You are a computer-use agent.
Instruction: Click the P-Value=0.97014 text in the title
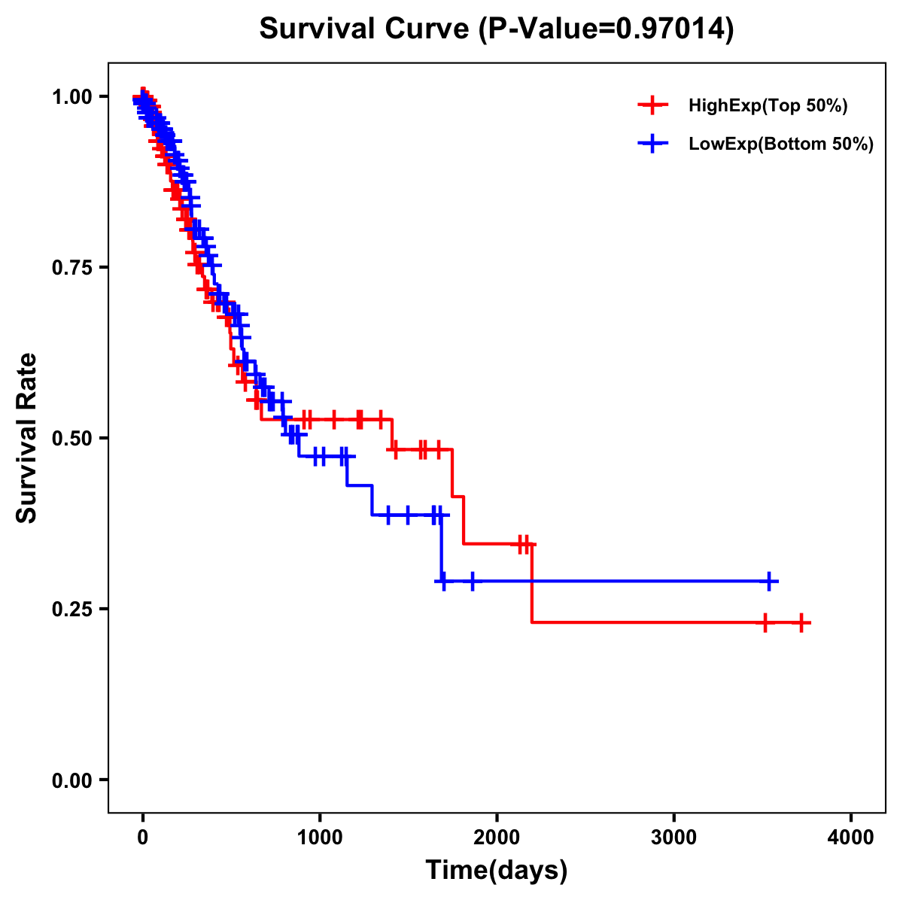[608, 29]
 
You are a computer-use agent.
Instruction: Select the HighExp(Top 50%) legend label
[768, 106]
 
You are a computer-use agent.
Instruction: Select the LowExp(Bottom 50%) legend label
[781, 144]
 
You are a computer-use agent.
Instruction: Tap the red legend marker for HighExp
[652, 106]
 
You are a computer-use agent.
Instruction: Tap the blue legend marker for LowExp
[652, 144]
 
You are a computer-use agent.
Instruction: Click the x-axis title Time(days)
[497, 871]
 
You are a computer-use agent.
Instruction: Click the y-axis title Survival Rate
[27, 438]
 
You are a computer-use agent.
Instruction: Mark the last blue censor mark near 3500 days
[770, 582]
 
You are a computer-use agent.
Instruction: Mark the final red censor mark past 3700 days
[802, 623]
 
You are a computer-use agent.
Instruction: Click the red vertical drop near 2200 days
[531, 583]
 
